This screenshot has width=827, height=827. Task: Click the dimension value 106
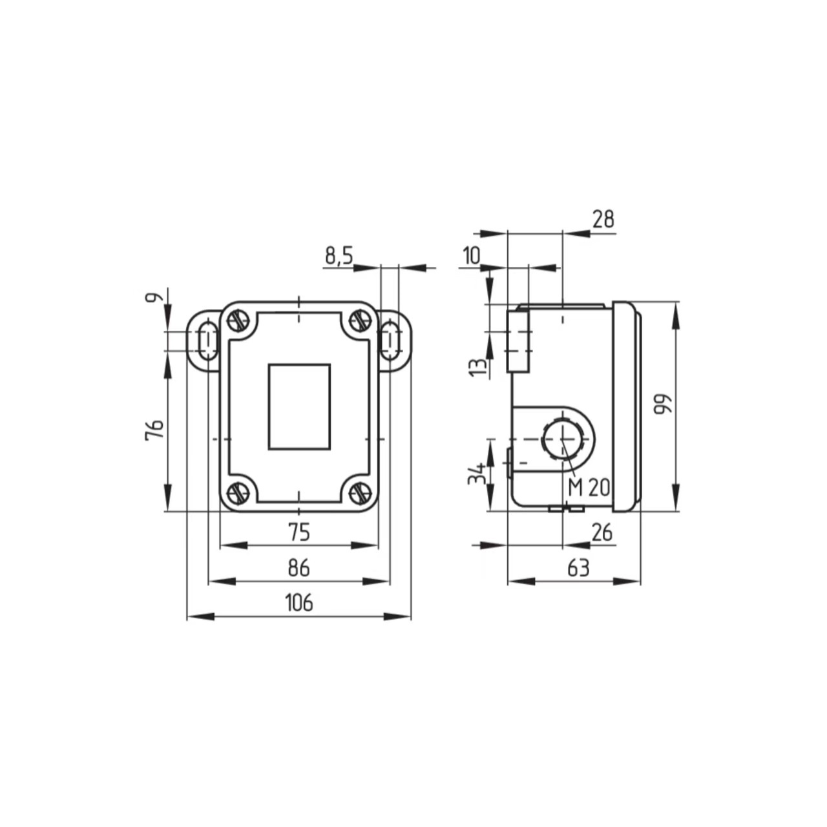coord(298,603)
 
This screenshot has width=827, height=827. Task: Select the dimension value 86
coord(298,568)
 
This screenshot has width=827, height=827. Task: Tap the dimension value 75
coord(298,532)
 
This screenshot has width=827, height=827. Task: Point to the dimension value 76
coord(154,430)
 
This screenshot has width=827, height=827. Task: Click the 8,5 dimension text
coord(339,256)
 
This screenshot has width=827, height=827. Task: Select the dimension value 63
coord(578,568)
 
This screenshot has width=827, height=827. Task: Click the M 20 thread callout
coord(589,488)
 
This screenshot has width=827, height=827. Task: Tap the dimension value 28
coord(602,220)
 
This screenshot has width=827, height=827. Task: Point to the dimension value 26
coord(602,532)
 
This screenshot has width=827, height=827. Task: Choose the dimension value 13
coord(476,367)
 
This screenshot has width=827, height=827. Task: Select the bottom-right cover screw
coord(359,493)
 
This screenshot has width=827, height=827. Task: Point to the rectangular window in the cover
coord(299,406)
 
